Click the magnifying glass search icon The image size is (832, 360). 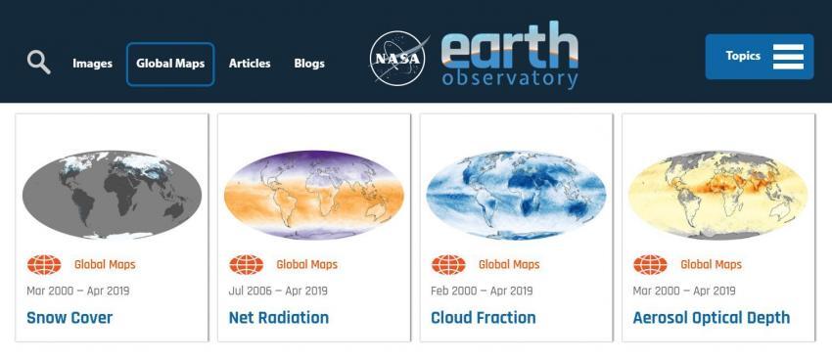tap(39, 63)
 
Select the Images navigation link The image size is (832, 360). tap(92, 64)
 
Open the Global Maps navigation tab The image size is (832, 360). tap(170, 64)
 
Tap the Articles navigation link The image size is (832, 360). tap(250, 64)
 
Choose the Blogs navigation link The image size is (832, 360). tap(309, 64)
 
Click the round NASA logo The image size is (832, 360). tap(397, 59)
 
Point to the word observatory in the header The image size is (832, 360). tap(510, 79)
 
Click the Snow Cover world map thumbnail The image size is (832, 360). tap(112, 195)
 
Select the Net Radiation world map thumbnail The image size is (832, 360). tap(314, 195)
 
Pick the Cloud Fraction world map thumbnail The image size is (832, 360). tap(516, 195)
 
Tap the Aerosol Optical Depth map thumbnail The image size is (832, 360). tap(718, 195)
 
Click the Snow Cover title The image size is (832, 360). tap(69, 318)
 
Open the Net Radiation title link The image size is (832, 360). tap(279, 318)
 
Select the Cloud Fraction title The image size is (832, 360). tap(484, 318)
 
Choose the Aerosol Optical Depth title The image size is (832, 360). tap(712, 318)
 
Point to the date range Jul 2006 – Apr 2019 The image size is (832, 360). tap(278, 292)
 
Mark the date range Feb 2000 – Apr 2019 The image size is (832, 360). tap(482, 292)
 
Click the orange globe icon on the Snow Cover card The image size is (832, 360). tap(44, 264)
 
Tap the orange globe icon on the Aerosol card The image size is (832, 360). tap(650, 264)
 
